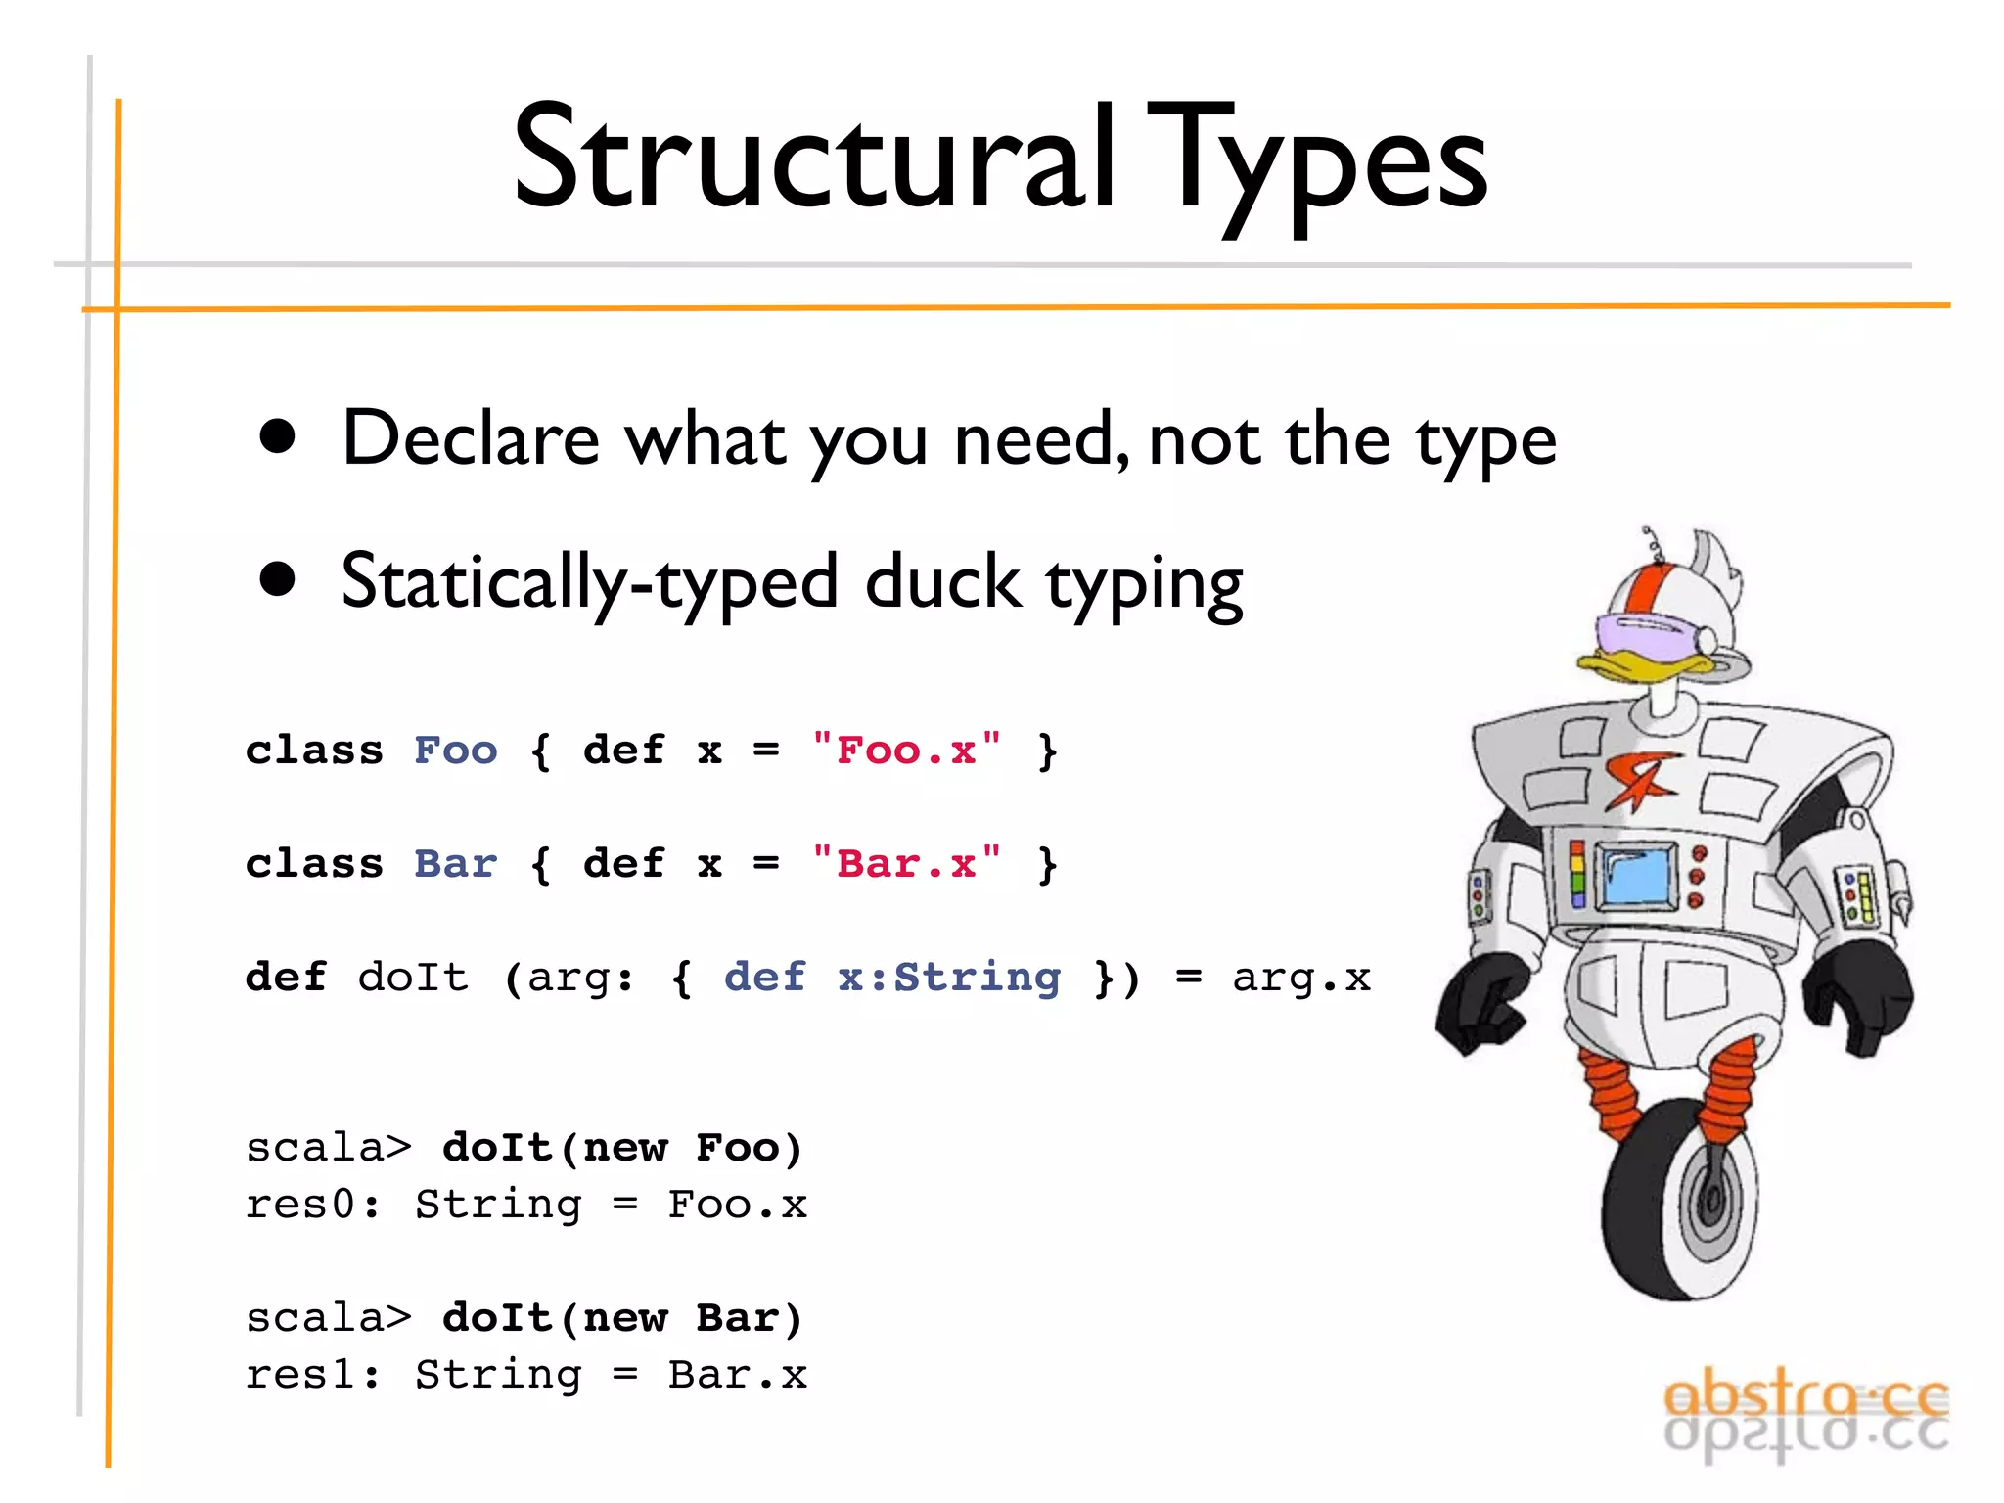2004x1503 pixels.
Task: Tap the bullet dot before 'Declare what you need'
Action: (x=278, y=437)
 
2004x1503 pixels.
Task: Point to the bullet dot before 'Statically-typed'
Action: (x=278, y=578)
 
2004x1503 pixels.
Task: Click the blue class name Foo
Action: (x=455, y=751)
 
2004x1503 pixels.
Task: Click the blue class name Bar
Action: (x=455, y=864)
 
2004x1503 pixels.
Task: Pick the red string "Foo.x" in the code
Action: (x=906, y=751)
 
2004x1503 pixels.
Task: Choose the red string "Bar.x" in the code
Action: (x=906, y=864)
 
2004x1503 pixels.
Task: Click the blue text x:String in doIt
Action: (x=948, y=977)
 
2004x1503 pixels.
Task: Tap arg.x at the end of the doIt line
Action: (x=1300, y=978)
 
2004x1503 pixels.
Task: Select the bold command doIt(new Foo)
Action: (x=622, y=1148)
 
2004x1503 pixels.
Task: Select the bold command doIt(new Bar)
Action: (x=622, y=1318)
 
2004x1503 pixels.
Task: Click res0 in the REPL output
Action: (x=299, y=1205)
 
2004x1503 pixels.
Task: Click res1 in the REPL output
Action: (x=299, y=1375)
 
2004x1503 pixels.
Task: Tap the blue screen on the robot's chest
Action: (x=1636, y=874)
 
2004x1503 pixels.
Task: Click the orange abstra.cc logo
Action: (x=1805, y=1400)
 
